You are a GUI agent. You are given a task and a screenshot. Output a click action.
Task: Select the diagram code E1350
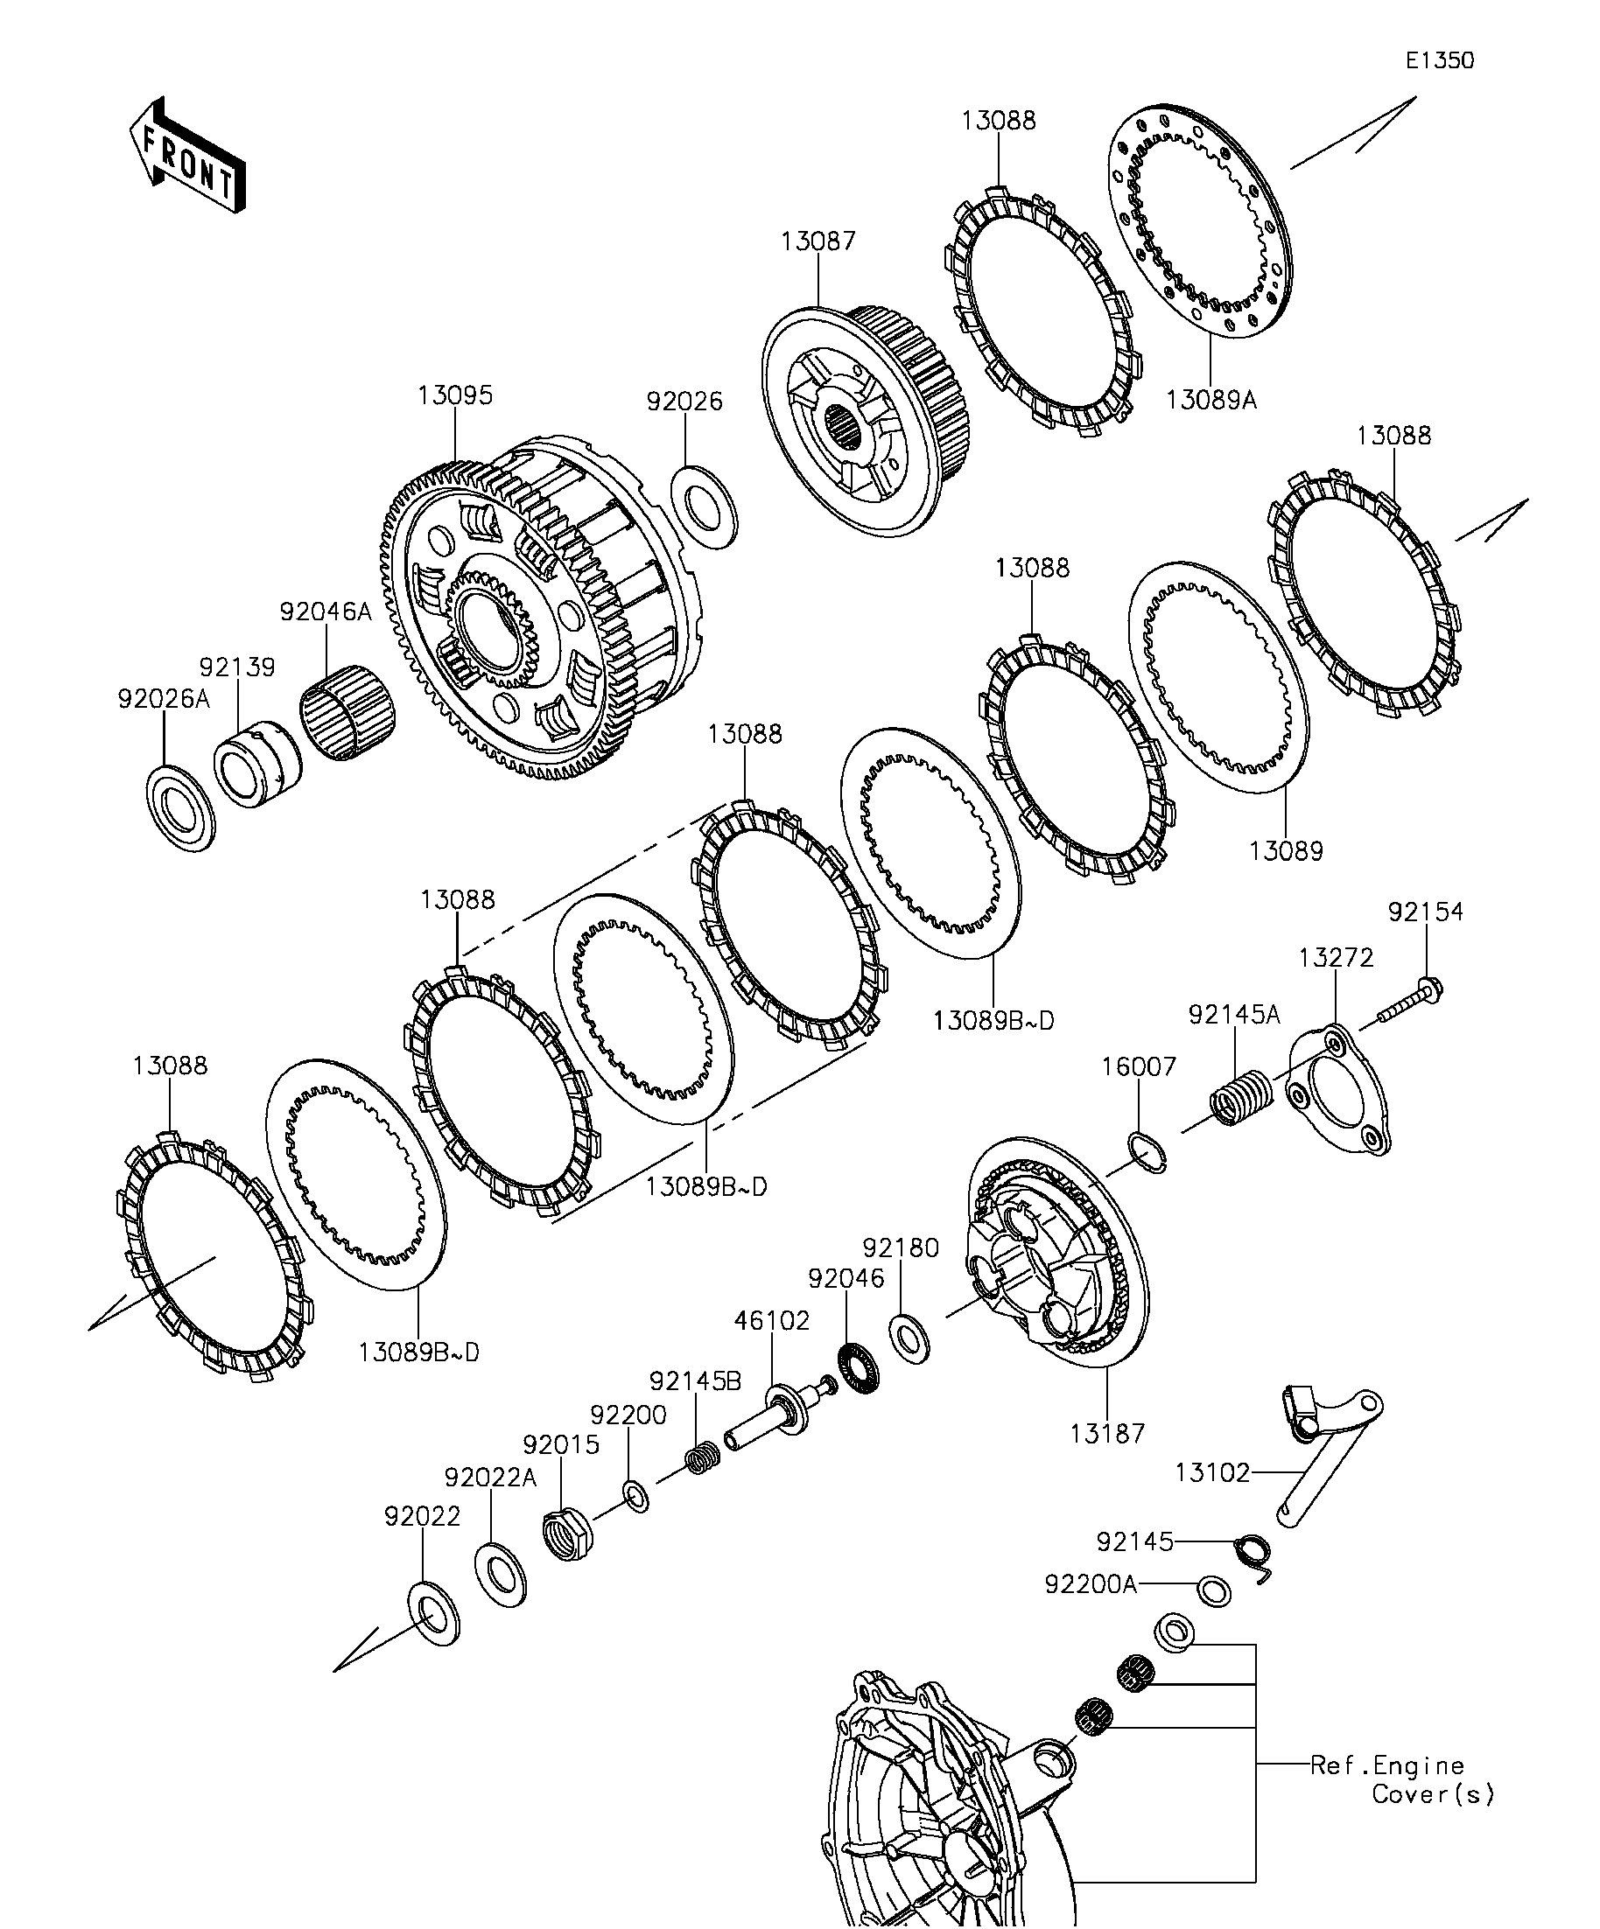1439,61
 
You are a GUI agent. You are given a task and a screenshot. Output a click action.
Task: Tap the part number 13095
455,396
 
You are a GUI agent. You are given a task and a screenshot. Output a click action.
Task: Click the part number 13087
818,241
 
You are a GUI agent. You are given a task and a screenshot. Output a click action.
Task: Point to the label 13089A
1211,401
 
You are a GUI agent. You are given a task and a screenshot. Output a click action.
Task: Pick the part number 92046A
326,612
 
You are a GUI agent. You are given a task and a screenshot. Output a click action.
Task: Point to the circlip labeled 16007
1147,1152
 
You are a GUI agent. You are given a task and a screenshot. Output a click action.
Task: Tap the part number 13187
1107,1434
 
